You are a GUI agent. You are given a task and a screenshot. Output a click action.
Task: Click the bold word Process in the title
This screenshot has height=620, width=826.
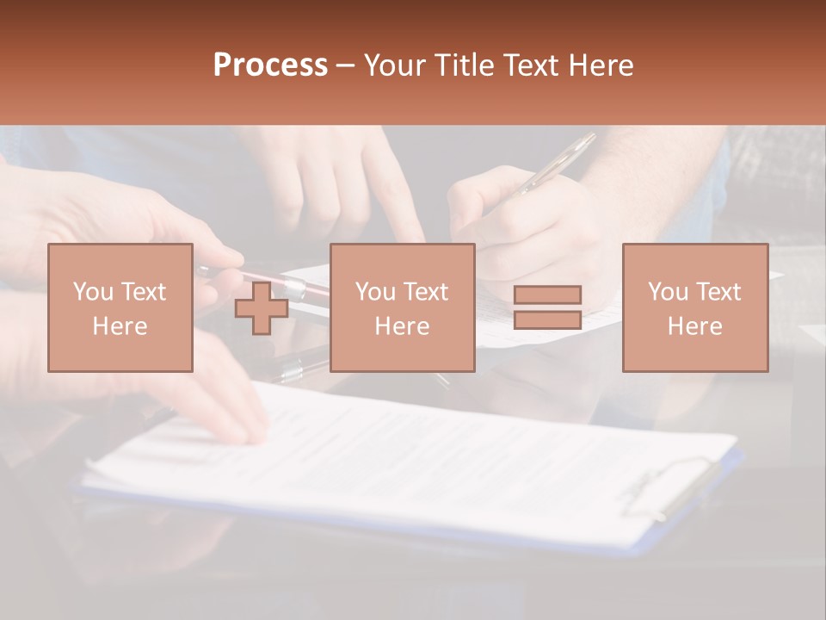pos(270,65)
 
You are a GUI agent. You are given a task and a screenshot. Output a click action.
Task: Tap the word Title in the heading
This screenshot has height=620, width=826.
pos(466,65)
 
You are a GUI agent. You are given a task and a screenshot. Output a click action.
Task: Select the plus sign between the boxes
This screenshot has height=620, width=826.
pos(262,308)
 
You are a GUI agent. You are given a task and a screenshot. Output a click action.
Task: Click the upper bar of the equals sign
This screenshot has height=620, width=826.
pos(547,294)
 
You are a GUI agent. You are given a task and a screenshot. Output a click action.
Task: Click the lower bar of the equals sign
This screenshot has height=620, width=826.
pos(547,320)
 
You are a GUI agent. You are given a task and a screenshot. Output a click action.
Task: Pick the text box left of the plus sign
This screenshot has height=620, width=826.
pos(120,307)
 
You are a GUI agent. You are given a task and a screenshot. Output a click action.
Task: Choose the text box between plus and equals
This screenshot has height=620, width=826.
pos(402,307)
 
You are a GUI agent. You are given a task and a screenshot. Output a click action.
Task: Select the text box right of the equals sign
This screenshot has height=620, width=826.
pos(694,307)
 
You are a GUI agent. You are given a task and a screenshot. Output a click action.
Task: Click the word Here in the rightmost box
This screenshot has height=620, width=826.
pos(694,326)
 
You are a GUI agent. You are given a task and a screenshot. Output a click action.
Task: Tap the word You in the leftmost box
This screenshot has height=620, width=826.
pos(92,292)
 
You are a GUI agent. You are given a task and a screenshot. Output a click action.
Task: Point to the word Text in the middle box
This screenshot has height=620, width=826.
pos(425,292)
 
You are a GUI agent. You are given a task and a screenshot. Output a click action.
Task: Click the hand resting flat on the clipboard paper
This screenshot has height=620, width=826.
pos(215,405)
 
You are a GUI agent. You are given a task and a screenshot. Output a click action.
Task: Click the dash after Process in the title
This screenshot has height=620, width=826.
pos(346,65)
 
